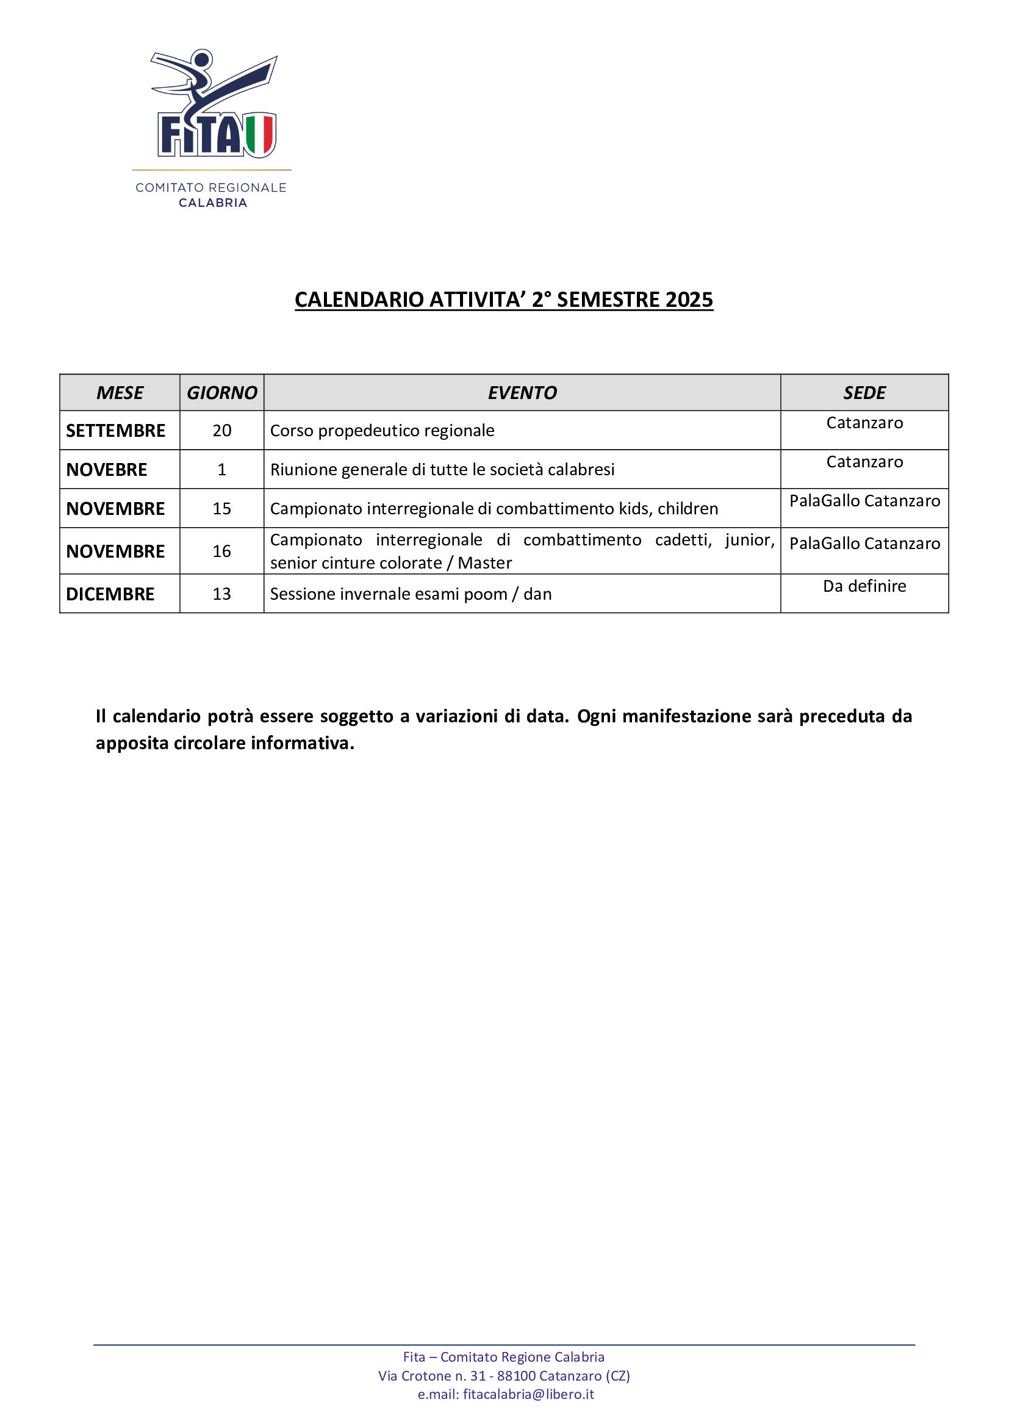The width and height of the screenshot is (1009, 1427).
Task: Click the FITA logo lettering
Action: click(x=200, y=135)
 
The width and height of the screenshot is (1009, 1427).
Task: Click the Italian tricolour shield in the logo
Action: click(x=260, y=134)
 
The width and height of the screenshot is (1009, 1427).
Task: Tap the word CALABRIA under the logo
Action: click(x=212, y=203)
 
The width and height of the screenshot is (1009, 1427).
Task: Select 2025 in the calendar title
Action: click(x=689, y=300)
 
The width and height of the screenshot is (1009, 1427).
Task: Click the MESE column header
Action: click(x=120, y=393)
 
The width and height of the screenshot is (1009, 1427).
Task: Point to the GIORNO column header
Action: click(x=222, y=393)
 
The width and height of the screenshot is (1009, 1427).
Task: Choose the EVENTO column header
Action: click(x=522, y=393)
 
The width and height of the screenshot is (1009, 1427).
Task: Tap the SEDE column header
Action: click(x=864, y=393)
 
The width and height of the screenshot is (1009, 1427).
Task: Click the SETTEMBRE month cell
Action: click(x=115, y=431)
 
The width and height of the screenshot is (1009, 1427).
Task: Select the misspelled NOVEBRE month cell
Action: click(x=107, y=470)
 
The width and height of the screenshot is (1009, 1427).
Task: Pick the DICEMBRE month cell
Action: click(x=110, y=594)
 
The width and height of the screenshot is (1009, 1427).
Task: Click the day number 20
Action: click(x=222, y=431)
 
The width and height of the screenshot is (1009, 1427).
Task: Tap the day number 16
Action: click(x=222, y=552)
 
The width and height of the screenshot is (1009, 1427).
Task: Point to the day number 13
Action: click(x=222, y=594)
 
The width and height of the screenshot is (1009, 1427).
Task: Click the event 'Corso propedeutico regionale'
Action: click(x=382, y=431)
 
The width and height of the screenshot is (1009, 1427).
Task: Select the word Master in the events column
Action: click(x=484, y=563)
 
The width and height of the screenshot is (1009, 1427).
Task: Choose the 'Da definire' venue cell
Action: click(x=864, y=586)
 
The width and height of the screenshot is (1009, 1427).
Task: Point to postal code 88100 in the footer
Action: click(x=516, y=1376)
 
